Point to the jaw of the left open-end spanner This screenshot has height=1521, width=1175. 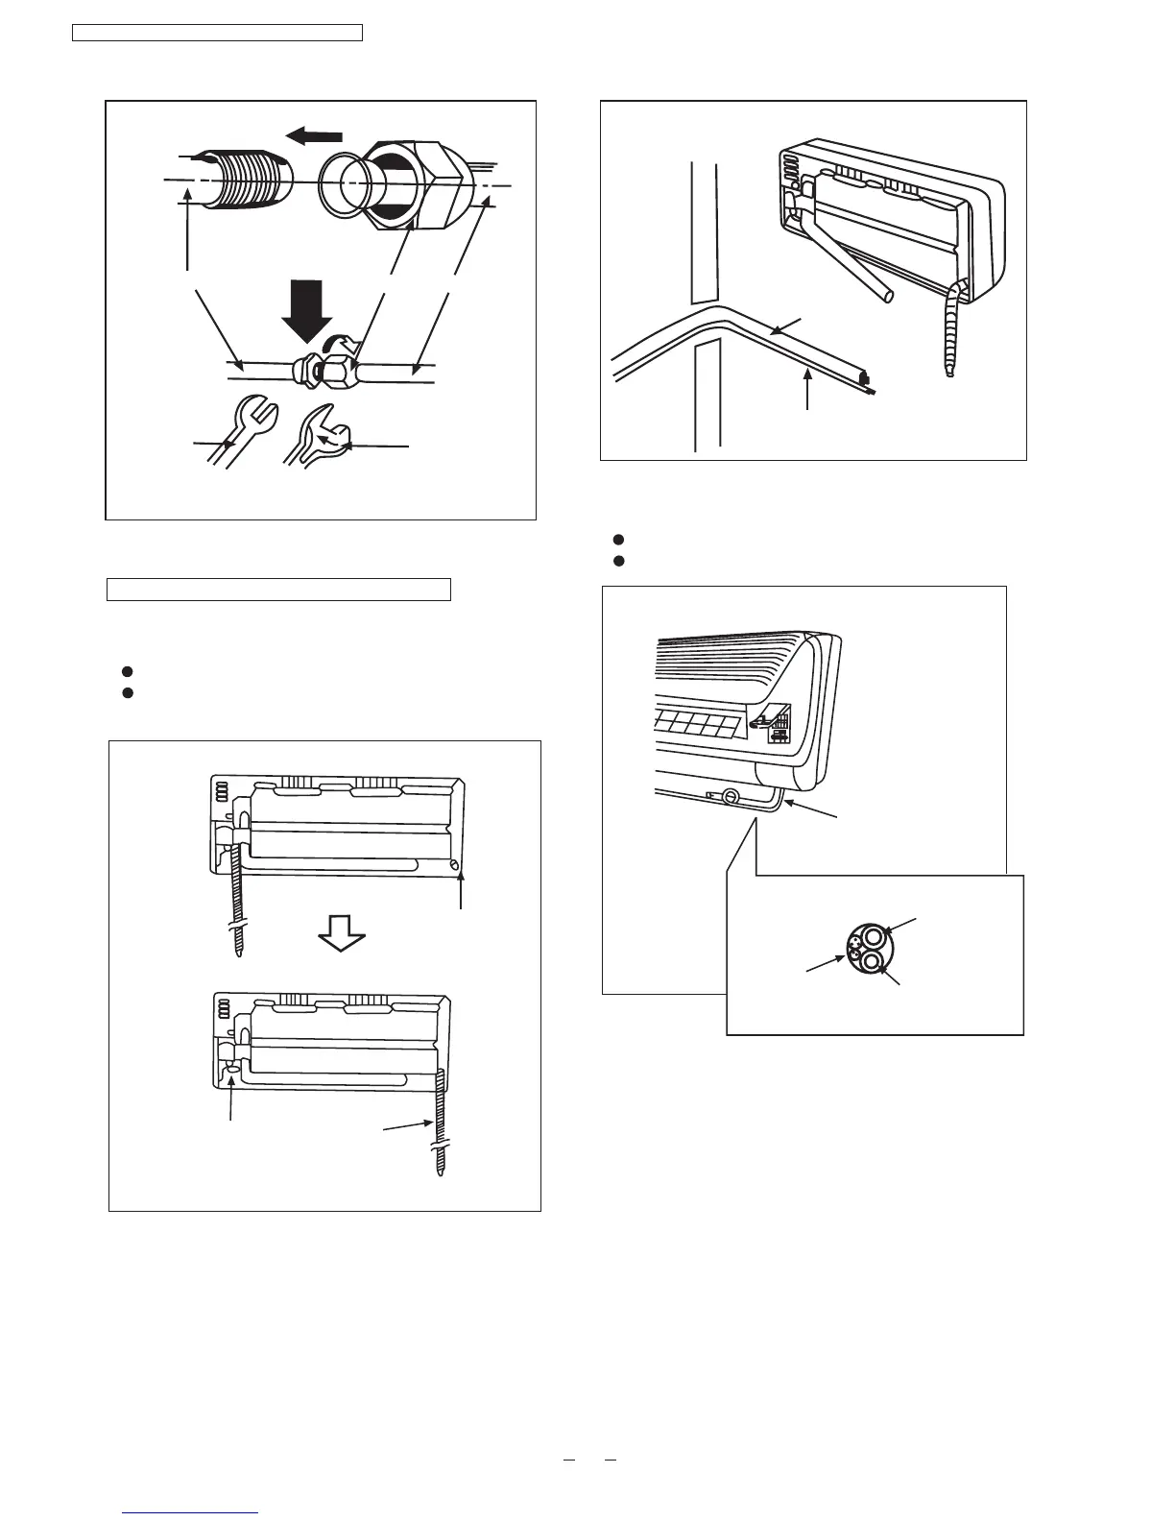pos(255,413)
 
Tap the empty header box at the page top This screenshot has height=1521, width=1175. pos(218,34)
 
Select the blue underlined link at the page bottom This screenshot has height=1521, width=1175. pos(192,1514)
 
